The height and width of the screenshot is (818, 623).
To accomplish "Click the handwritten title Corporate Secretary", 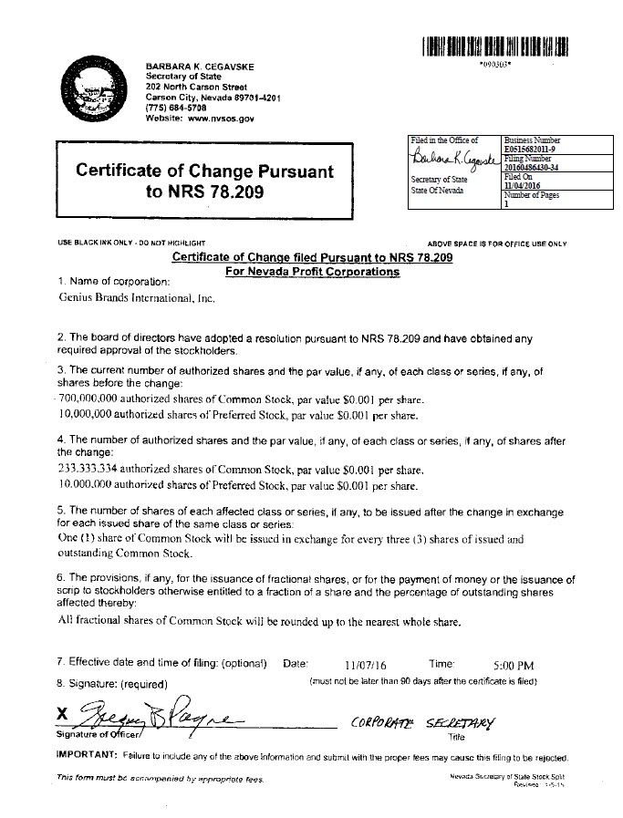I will tap(425, 721).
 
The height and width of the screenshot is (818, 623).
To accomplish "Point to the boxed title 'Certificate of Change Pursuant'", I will tap(204, 171).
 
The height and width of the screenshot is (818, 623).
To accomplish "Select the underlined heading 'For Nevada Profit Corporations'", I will tap(312, 272).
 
